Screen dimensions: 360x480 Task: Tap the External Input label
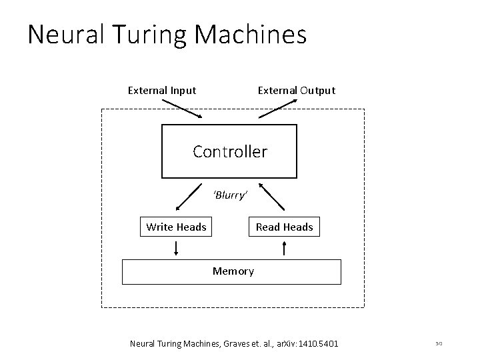[x=162, y=90]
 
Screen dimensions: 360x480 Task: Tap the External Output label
[x=297, y=90]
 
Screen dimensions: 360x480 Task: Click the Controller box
[x=230, y=151]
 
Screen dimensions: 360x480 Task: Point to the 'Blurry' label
[x=230, y=195]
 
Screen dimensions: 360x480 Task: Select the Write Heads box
[x=176, y=227]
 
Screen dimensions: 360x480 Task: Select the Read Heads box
[x=284, y=227]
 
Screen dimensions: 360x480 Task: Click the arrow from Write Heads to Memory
[x=176, y=249]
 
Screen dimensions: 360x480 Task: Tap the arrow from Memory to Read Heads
[x=285, y=249]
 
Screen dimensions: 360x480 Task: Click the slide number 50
[x=438, y=344]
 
